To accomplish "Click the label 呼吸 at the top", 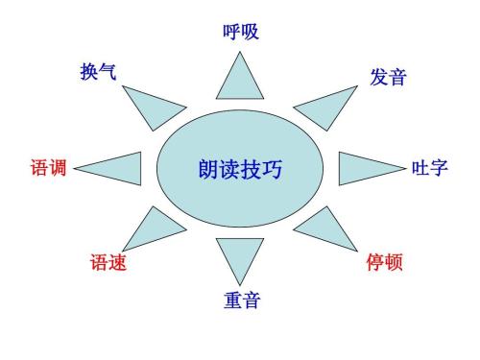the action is point(240,32).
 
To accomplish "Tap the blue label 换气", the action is point(99,71).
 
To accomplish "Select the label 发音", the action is point(388,77).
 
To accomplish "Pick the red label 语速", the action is point(108,261).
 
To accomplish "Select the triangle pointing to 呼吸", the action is point(240,80).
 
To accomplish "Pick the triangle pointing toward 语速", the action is point(153,230).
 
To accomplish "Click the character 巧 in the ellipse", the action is point(273,170).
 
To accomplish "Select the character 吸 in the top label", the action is point(250,32).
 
